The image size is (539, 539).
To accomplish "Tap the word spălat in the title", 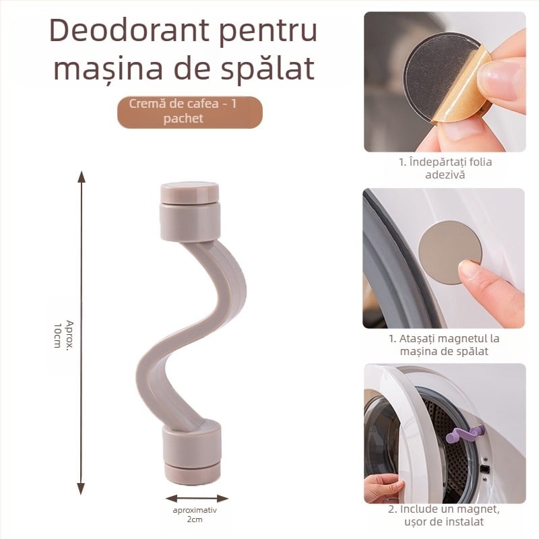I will [269, 69].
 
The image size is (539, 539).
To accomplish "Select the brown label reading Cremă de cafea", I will [189, 111].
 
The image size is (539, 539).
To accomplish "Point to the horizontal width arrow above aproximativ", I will [197, 499].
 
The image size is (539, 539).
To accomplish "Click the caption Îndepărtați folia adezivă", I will [445, 168].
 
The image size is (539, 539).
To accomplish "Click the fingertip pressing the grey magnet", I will [472, 274].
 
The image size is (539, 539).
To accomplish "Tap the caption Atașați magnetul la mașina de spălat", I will [445, 345].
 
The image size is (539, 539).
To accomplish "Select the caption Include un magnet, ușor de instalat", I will [445, 515].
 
